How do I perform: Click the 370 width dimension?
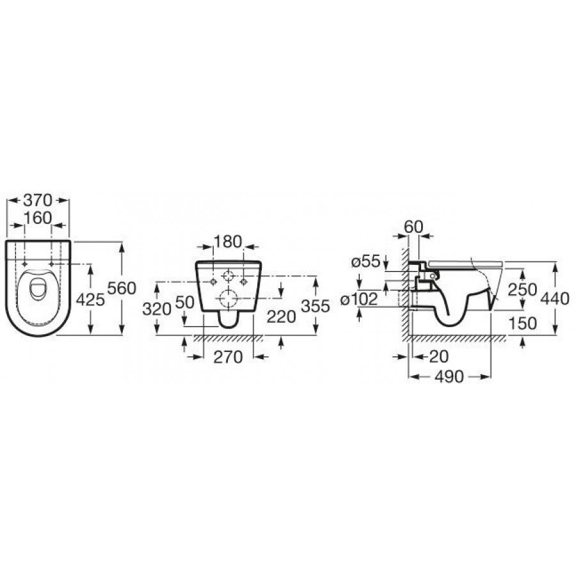coord(38,200)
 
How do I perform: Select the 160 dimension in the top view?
coord(38,218)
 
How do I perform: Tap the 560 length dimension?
coord(122,289)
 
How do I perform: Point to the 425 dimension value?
coord(90,300)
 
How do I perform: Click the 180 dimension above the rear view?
coord(228,241)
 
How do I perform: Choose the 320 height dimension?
coord(157,309)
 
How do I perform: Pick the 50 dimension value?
coord(185,302)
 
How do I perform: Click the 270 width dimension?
coord(228,356)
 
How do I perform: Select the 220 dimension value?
coord(281,317)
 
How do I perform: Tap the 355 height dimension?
coord(315,306)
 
